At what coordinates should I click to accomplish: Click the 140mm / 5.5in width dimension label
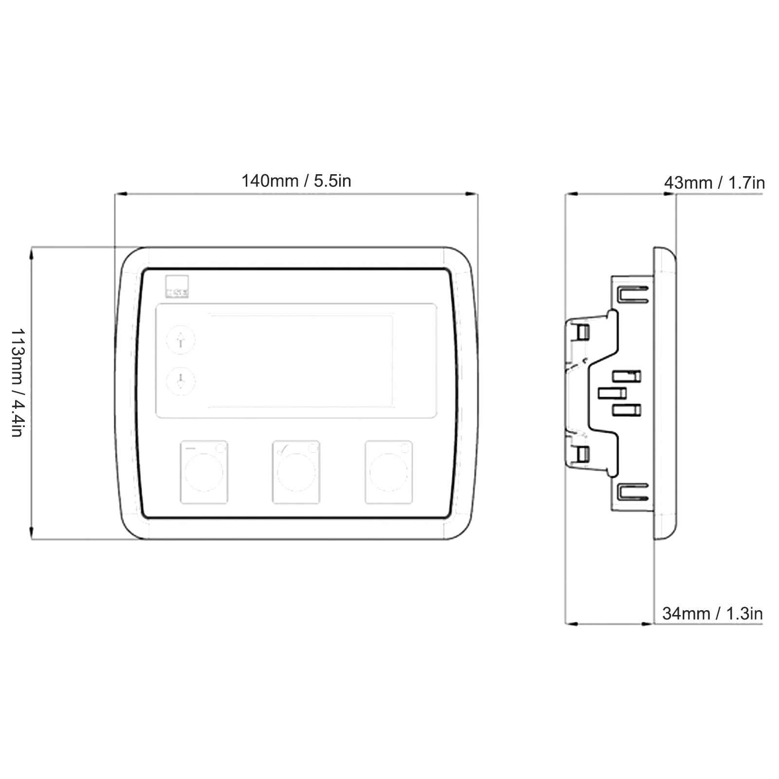pyautogui.click(x=296, y=181)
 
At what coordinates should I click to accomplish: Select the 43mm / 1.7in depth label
pyautogui.click(x=714, y=183)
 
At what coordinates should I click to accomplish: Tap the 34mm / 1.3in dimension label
pyautogui.click(x=712, y=614)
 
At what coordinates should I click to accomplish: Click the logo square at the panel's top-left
pyautogui.click(x=177, y=287)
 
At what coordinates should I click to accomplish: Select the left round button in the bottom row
pyautogui.click(x=204, y=471)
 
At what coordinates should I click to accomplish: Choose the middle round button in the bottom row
pyautogui.click(x=296, y=471)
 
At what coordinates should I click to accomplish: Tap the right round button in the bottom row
pyautogui.click(x=389, y=471)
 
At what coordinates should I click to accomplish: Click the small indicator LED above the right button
pyautogui.click(x=405, y=448)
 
